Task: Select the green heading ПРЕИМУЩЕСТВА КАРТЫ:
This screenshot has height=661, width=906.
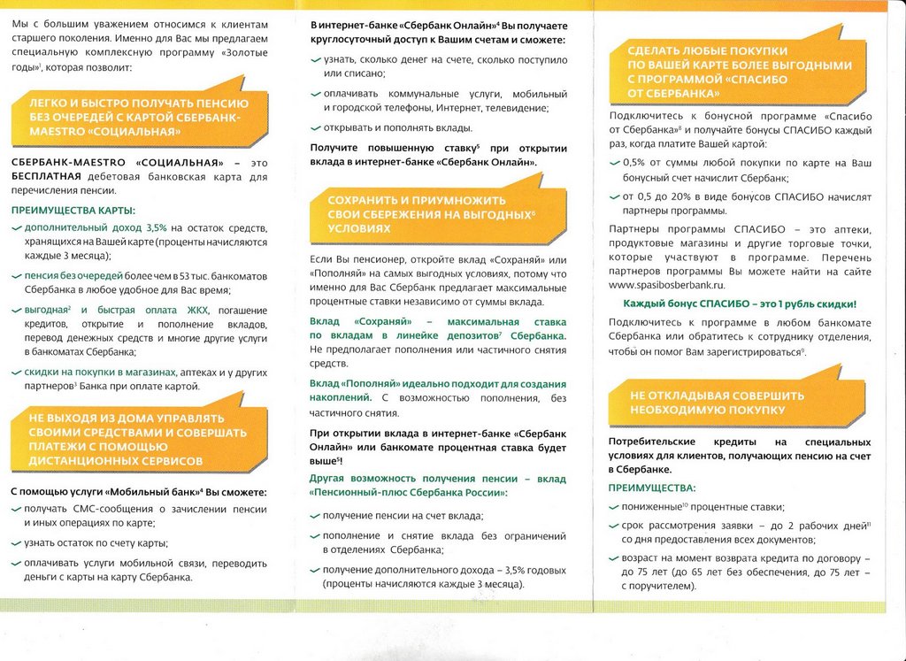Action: coord(73,211)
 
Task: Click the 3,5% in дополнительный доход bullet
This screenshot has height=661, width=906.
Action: coord(156,228)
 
